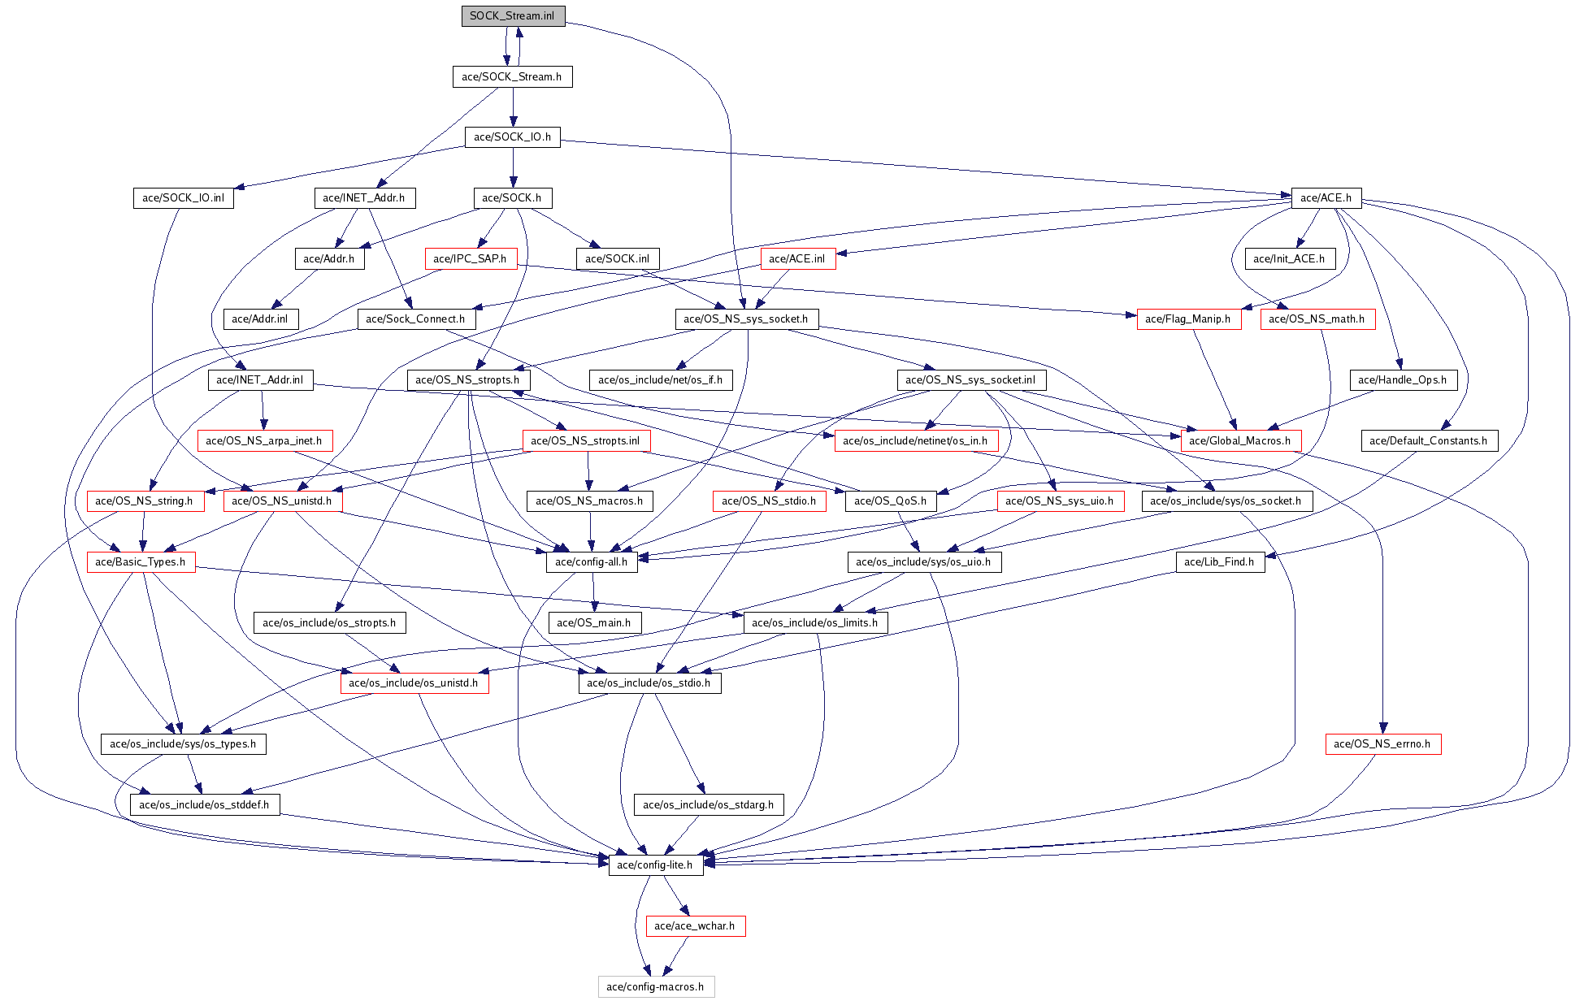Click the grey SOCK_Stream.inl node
512,16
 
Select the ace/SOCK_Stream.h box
512,77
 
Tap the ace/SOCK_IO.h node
512,137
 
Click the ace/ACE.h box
1326,198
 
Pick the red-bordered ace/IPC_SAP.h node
471,259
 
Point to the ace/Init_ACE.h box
1289,259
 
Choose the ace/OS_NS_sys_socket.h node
746,319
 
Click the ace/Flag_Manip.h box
1188,319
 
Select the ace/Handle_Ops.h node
1403,380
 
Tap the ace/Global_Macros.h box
1240,441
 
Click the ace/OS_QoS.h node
891,501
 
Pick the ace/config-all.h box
592,562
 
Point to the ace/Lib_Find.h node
1219,562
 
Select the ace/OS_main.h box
594,623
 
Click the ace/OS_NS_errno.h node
1382,744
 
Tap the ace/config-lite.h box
655,865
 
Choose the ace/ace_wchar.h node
695,926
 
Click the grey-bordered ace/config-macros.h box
656,987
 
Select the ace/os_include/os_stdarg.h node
709,805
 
